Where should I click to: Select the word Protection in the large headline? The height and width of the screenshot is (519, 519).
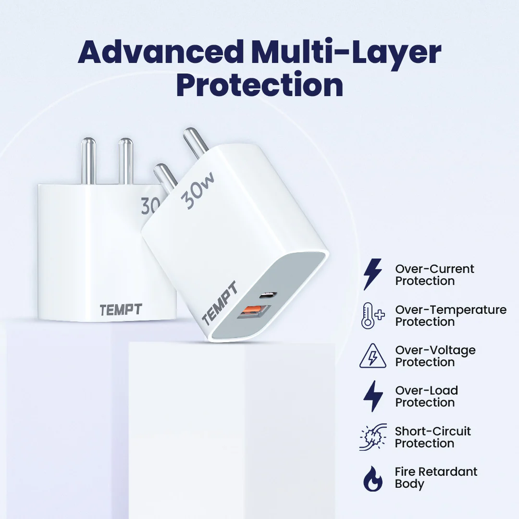259,85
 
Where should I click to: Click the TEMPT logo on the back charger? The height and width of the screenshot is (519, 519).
121,310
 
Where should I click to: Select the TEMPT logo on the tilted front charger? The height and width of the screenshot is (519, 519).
219,304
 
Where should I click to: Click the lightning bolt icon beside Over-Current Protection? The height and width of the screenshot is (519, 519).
372,274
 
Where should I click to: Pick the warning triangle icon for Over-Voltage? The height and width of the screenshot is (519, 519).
372,356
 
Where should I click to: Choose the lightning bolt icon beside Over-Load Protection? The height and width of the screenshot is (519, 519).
372,396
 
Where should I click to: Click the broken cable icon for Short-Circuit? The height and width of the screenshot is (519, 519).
372,437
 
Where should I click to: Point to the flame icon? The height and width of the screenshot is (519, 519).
372,478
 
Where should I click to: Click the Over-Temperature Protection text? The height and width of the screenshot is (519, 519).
450,316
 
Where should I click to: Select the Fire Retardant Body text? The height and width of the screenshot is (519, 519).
436,478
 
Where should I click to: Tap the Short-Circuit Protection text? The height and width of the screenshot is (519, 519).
432,437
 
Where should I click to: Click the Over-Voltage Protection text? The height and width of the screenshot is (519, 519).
435,356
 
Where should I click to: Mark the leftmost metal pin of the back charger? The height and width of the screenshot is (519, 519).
88,161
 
